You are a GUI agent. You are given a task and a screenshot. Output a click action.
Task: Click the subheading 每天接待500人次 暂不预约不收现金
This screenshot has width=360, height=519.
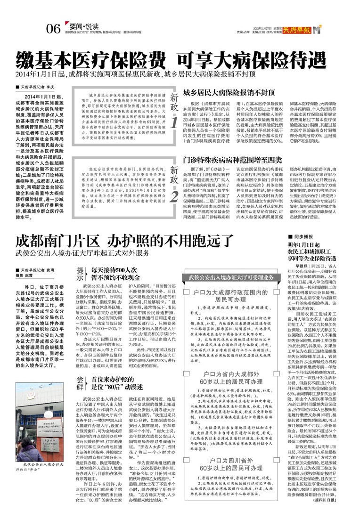(114, 274)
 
